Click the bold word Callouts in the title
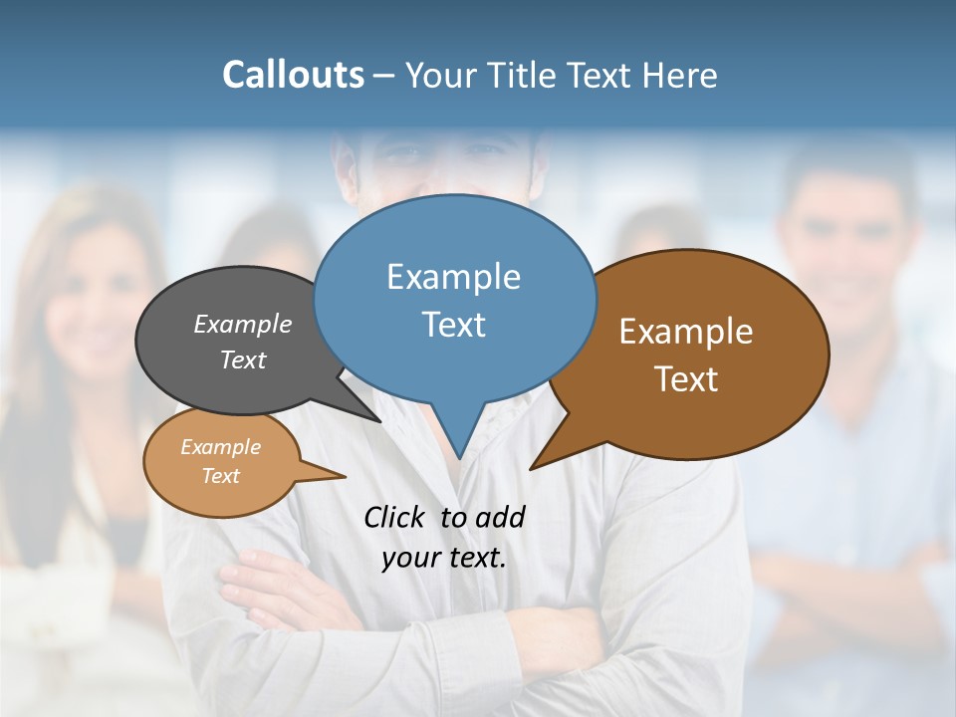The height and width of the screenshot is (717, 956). pos(293,75)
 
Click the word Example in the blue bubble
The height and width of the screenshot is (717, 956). pos(453,277)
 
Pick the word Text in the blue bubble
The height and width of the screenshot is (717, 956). pos(453,325)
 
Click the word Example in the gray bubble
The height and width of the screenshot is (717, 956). pos(243,325)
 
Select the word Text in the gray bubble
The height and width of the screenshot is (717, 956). pos(243,359)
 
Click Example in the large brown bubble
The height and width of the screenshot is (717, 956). pos(686,332)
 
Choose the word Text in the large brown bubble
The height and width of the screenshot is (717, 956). pos(686,379)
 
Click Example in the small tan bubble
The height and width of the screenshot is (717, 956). pos(220,447)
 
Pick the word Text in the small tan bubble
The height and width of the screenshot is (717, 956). pos(220,476)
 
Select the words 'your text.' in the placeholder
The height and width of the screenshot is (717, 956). pos(443,558)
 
